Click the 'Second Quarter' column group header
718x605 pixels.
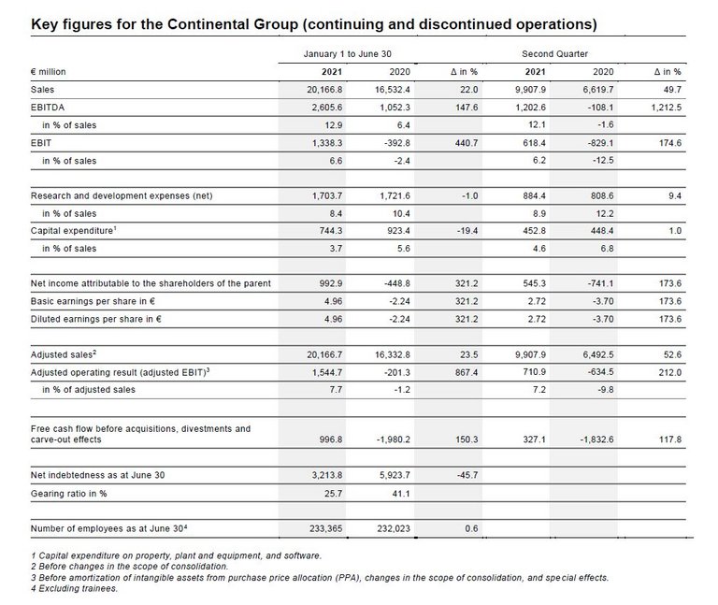[x=554, y=54]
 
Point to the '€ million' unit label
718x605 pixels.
[x=49, y=71]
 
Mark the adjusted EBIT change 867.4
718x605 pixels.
[x=464, y=372]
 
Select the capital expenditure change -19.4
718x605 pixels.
[x=464, y=230]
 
